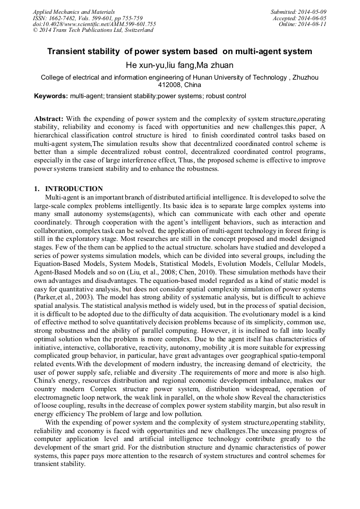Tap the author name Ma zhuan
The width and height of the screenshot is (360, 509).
(215, 65)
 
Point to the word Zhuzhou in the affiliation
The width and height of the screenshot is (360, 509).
(306, 77)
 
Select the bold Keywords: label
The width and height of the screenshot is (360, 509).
(51, 97)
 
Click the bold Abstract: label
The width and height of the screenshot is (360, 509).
(49, 118)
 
